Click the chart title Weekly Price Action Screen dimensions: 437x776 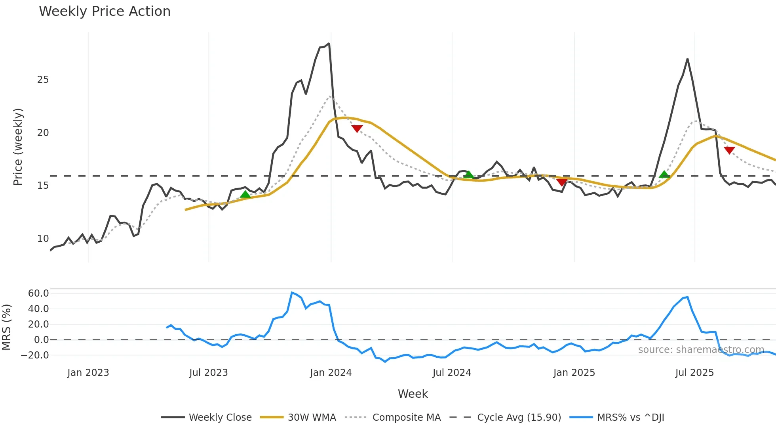pos(105,11)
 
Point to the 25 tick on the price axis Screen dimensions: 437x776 pos(43,80)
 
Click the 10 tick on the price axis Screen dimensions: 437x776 pos(43,239)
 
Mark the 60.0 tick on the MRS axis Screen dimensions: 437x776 pos(38,293)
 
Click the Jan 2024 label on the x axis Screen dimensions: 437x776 pos(331,373)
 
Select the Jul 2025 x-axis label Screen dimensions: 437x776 pos(694,373)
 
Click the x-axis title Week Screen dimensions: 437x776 pos(413,394)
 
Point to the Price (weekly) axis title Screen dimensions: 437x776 pos(18,147)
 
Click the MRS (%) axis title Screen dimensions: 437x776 pos(6,327)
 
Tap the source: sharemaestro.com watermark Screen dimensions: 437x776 pos(701,350)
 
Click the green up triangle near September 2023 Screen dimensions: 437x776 pos(245,194)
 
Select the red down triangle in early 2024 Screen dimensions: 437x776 pos(357,128)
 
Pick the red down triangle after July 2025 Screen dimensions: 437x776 pos(729,150)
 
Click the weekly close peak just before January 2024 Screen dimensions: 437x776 pos(329,44)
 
